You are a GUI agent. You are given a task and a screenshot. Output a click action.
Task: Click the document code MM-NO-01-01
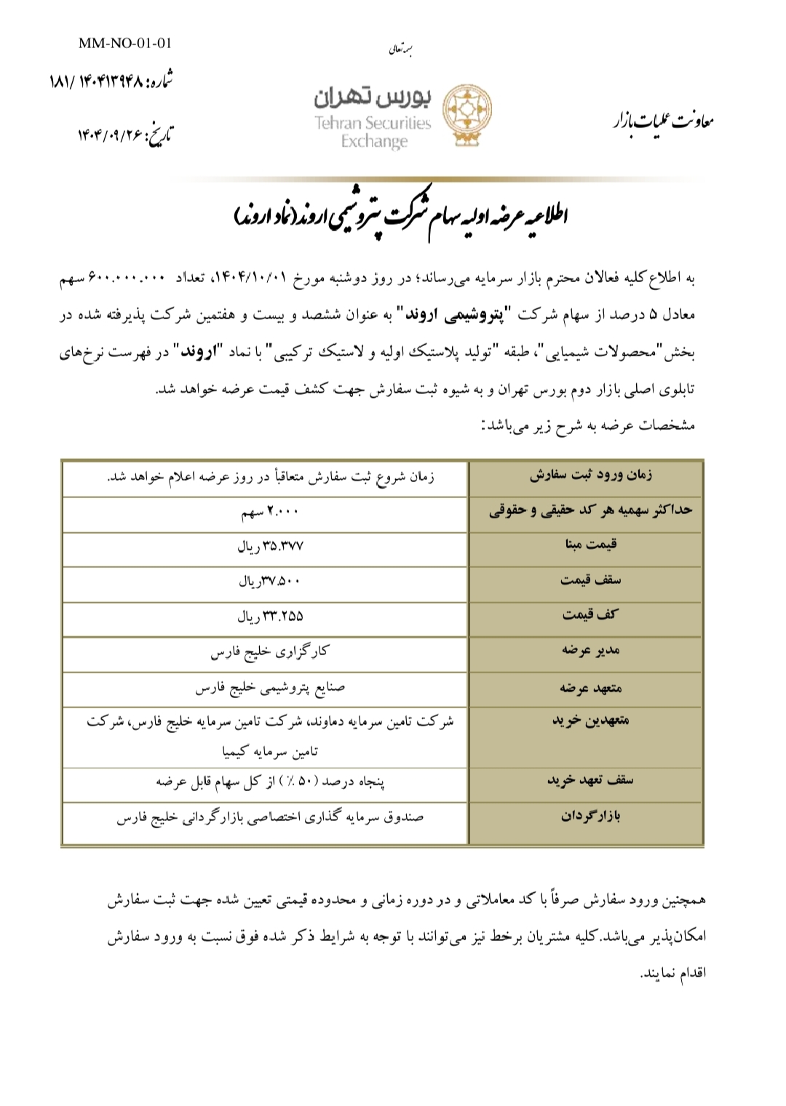[x=125, y=43]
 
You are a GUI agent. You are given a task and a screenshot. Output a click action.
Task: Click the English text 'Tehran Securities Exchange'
[x=373, y=132]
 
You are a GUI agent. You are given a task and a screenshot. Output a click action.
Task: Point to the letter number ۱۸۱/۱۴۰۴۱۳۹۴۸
[x=111, y=81]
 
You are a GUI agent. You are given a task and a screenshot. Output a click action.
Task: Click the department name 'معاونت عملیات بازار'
[x=663, y=121]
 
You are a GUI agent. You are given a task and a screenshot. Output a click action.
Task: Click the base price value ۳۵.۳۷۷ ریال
[x=270, y=547]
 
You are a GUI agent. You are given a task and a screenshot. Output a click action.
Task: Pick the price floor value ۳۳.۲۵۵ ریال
[x=270, y=617]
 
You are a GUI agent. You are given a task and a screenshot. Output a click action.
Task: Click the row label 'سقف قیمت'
[x=590, y=580]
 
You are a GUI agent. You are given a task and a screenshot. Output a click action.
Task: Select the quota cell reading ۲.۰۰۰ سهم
[x=270, y=512]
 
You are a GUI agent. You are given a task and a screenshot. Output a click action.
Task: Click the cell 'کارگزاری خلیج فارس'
[x=270, y=652]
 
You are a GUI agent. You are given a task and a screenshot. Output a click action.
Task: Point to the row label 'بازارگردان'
[x=590, y=816]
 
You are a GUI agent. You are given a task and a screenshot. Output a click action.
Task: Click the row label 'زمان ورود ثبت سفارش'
[x=590, y=475]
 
